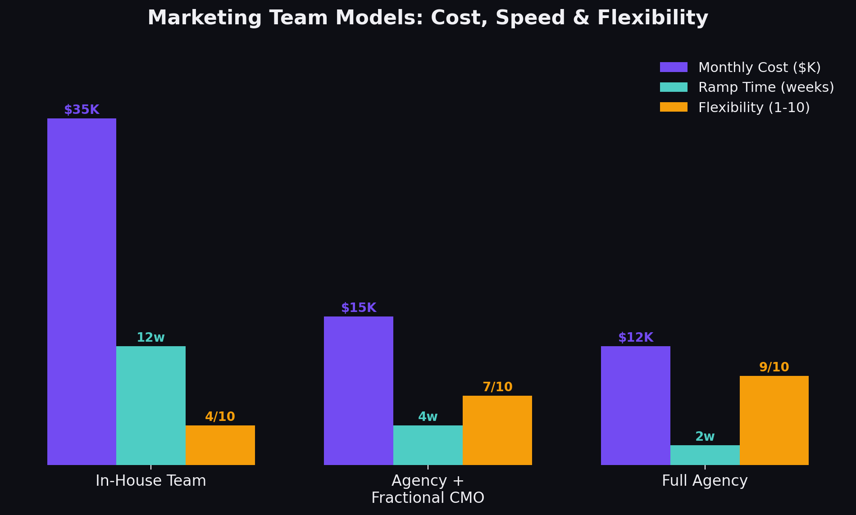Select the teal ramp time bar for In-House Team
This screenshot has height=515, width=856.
point(151,405)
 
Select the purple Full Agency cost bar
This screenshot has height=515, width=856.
point(636,405)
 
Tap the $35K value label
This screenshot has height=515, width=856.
point(82,110)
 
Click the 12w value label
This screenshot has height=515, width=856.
point(151,338)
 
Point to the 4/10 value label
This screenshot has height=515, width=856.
point(220,417)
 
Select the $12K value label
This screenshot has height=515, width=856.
point(636,338)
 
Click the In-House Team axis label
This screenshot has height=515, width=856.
point(151,481)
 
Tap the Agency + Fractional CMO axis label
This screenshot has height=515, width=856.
point(428,489)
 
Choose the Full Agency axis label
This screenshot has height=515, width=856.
point(705,481)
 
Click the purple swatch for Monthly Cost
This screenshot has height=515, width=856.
point(674,67)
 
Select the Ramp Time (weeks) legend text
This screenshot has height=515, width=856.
point(766,87)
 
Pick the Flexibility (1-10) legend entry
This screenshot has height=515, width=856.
point(754,107)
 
